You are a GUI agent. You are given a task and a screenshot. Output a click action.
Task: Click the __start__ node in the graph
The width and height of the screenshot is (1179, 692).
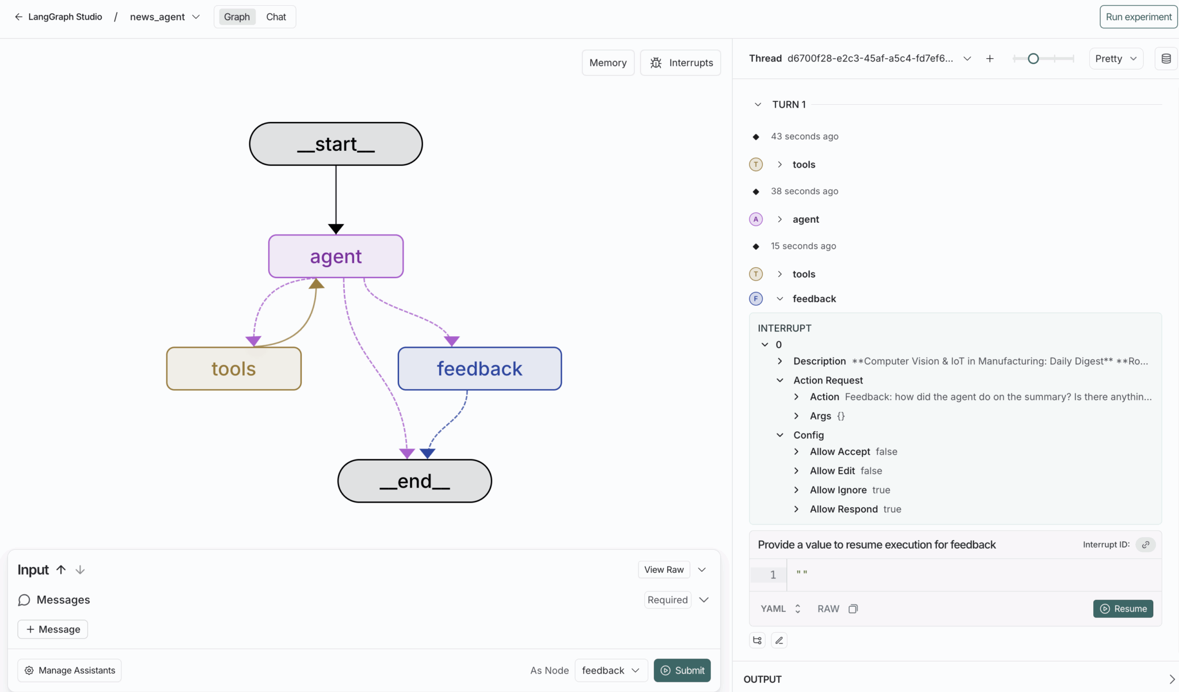(x=336, y=144)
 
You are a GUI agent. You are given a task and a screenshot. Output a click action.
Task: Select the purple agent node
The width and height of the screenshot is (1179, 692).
(x=336, y=256)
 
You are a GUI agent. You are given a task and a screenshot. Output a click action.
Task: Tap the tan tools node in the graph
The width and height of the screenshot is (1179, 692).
(x=234, y=368)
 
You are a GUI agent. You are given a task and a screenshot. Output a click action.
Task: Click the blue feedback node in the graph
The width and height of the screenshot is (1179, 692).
(x=480, y=368)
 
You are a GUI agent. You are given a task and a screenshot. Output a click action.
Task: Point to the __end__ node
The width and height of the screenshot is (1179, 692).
(x=414, y=481)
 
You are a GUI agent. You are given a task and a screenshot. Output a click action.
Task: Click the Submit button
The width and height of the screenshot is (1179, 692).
(x=682, y=670)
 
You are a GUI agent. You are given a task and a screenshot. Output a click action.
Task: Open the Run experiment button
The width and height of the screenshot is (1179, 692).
(x=1138, y=17)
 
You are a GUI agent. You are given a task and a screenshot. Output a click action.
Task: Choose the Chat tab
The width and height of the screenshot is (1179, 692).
(x=276, y=17)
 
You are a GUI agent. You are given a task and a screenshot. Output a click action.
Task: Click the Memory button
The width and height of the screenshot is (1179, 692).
(x=608, y=63)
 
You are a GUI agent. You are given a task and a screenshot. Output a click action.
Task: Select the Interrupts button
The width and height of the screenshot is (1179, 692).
(x=681, y=63)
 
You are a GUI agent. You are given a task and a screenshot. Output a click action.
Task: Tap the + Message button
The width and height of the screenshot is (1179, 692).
(x=53, y=629)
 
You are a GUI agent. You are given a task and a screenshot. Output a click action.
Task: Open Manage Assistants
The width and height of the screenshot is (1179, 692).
(x=70, y=670)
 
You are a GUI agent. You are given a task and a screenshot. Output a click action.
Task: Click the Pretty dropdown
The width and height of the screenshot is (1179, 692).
(x=1116, y=59)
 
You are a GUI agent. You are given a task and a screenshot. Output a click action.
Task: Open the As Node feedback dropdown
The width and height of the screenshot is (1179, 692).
(x=611, y=670)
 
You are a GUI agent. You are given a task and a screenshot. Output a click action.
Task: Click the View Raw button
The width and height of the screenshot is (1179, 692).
(x=664, y=569)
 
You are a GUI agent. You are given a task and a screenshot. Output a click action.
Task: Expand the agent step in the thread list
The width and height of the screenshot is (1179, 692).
(x=779, y=219)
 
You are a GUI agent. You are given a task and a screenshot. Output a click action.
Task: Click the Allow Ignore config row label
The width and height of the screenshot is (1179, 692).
(x=838, y=490)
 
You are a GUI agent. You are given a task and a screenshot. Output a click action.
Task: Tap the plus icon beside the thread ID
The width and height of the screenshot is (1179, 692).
(x=990, y=59)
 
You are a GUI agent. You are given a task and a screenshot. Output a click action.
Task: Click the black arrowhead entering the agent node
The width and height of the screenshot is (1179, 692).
(x=336, y=229)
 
